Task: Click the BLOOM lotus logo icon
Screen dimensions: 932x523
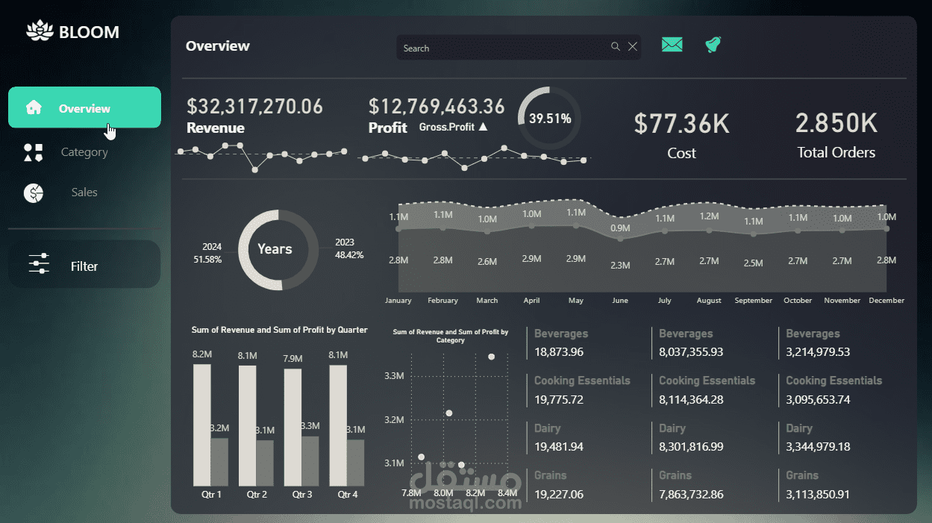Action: click(40, 31)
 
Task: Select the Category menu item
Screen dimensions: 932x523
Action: click(84, 152)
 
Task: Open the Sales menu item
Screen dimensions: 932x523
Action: click(84, 192)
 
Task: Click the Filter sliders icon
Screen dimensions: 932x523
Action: click(39, 263)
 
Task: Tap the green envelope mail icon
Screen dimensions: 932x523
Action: click(672, 45)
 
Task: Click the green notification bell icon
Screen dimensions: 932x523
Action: click(713, 45)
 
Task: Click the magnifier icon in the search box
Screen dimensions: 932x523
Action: click(615, 46)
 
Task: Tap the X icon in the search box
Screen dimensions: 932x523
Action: click(633, 46)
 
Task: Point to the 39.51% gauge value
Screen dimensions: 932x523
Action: click(550, 119)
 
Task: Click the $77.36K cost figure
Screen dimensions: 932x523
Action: click(681, 124)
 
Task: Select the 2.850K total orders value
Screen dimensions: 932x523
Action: click(836, 123)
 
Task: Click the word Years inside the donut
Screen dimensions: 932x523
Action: click(275, 248)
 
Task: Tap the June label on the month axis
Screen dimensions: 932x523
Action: click(620, 301)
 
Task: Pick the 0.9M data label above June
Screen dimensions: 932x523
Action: click(620, 228)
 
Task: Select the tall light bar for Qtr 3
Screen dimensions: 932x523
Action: click(293, 428)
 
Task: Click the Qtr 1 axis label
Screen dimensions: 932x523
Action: click(211, 495)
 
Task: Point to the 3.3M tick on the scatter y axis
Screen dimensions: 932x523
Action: click(394, 376)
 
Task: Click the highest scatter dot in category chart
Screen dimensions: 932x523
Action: click(492, 357)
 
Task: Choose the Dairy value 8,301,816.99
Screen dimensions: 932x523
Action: click(691, 447)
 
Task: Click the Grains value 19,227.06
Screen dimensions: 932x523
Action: click(559, 495)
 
